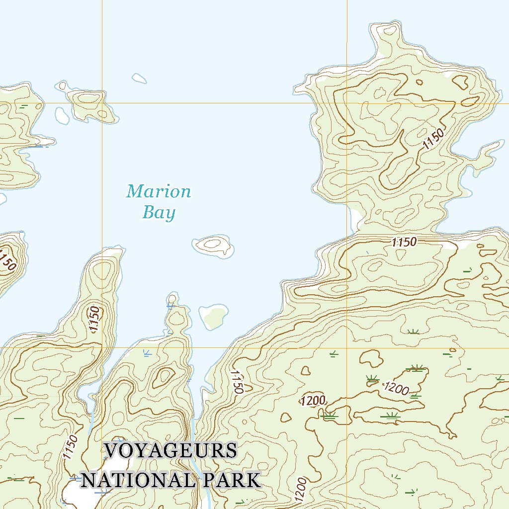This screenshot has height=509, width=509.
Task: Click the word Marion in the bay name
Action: (159, 191)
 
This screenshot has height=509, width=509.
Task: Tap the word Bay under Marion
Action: (159, 213)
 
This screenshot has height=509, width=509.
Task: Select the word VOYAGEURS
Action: (170, 451)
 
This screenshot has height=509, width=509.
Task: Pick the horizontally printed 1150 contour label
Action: (404, 243)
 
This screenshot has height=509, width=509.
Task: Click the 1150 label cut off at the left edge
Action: (7, 260)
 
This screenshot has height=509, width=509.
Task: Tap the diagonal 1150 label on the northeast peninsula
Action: (432, 138)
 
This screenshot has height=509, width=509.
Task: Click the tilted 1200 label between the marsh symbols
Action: (396, 388)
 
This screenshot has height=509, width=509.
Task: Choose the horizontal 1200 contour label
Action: (313, 401)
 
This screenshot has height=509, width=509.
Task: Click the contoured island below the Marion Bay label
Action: (214, 244)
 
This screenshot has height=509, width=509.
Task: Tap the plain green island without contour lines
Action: (214, 317)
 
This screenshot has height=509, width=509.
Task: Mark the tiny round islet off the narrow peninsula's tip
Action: (172, 298)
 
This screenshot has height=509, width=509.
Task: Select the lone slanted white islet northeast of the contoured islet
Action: (139, 78)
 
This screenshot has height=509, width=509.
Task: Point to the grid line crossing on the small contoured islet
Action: (102, 103)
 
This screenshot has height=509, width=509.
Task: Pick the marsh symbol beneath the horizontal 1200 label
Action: (329, 415)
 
